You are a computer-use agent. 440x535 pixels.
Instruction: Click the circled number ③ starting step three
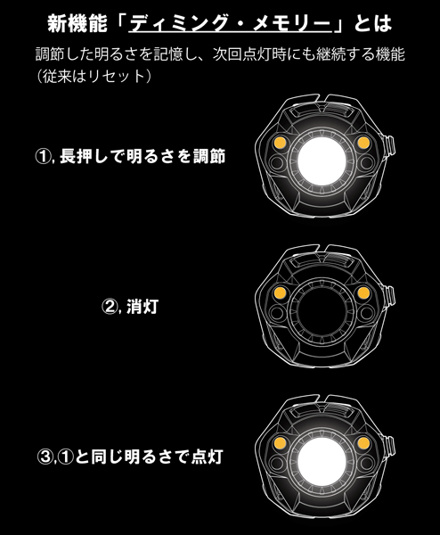43,457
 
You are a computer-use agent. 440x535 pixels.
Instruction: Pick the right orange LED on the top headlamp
362,144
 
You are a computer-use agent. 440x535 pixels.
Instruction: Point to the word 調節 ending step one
208,157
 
